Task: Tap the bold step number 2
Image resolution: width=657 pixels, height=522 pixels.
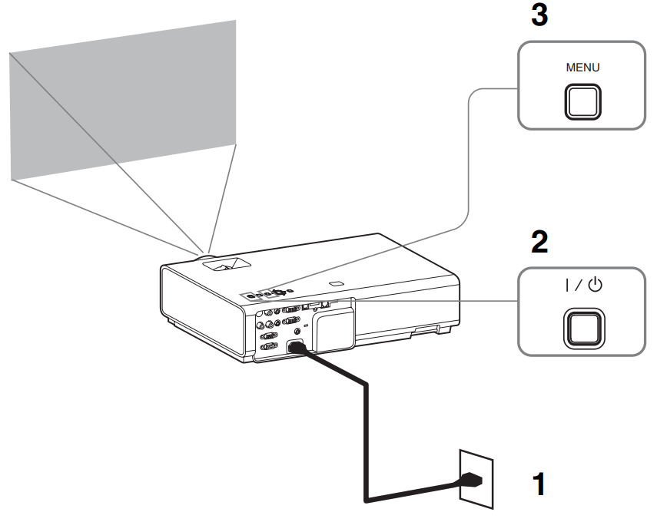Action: [539, 243]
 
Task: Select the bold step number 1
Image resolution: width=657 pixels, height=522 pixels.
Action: [541, 484]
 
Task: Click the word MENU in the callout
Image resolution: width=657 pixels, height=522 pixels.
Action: [582, 67]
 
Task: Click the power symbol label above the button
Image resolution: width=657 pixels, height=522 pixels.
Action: [582, 286]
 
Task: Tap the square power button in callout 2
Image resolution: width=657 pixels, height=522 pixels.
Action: [582, 325]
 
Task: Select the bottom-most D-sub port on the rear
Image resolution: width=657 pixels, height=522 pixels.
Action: [269, 346]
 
